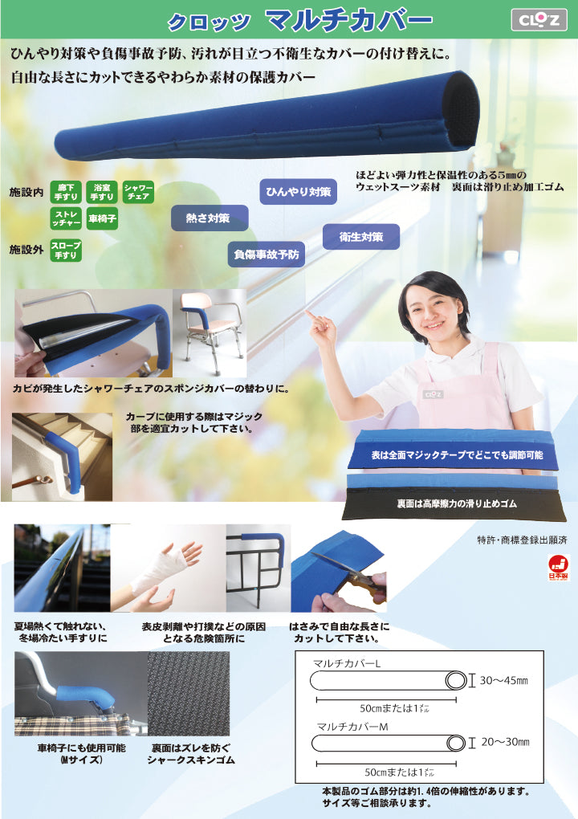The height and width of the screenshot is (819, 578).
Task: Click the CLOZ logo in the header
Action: coord(539,18)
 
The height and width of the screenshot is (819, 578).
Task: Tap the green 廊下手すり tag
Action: coord(65,193)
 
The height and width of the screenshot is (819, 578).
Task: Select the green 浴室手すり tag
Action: coord(101,193)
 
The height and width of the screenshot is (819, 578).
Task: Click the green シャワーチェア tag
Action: coord(136,193)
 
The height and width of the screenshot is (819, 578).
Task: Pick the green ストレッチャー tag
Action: coord(65,218)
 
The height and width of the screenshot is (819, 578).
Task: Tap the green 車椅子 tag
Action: coord(102,218)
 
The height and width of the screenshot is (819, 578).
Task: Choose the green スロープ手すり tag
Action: coord(65,249)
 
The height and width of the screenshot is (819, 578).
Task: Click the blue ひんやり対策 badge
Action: coord(298,192)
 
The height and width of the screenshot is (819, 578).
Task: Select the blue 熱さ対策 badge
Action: coord(209,218)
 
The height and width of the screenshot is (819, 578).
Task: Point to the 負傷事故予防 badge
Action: coord(266,254)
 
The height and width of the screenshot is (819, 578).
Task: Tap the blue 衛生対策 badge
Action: coord(360,237)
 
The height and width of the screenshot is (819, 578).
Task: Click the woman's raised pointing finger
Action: coord(311,316)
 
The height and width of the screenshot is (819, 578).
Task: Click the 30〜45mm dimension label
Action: coord(504,681)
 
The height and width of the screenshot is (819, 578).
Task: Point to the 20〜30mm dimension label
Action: coord(504,742)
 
